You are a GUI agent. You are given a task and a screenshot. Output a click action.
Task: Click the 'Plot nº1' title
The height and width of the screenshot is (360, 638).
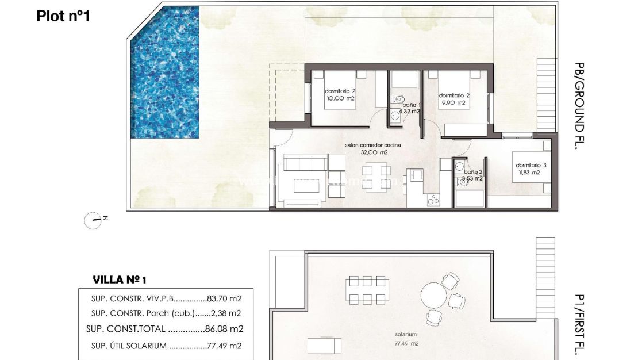[63, 16]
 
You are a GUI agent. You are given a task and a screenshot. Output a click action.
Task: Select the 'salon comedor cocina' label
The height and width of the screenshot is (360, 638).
[372, 145]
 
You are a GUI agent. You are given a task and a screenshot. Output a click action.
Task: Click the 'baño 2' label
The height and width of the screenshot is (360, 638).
[473, 172]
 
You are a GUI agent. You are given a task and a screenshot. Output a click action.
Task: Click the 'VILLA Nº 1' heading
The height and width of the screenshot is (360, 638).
[120, 280]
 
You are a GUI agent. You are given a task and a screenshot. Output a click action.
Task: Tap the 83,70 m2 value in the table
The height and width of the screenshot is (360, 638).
[224, 298]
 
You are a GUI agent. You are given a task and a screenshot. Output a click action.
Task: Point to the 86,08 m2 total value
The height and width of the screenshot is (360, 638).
[224, 330]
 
